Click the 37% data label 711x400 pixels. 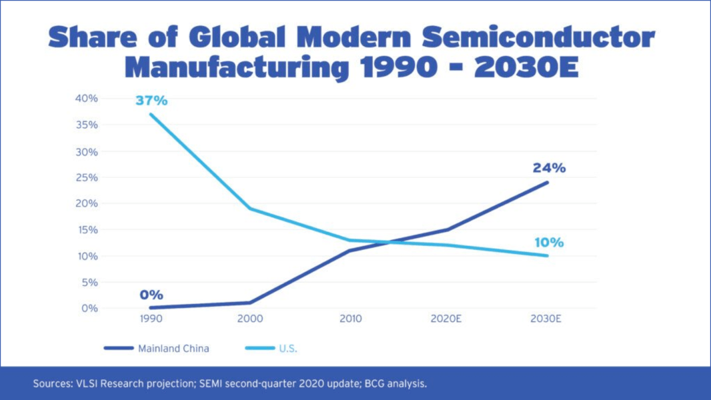(x=151, y=101)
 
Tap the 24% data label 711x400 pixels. (x=548, y=168)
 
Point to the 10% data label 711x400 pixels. (x=548, y=243)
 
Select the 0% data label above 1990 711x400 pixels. (x=151, y=295)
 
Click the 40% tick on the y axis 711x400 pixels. (x=87, y=99)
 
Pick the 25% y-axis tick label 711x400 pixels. (x=87, y=177)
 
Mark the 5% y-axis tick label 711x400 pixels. (x=89, y=282)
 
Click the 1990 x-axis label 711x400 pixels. (x=151, y=319)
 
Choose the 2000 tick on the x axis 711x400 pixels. (x=250, y=319)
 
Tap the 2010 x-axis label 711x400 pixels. (x=350, y=319)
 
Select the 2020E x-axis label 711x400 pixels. (x=446, y=319)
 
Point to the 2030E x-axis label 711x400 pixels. (x=546, y=319)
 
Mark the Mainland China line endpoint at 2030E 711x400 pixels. (x=548, y=183)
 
